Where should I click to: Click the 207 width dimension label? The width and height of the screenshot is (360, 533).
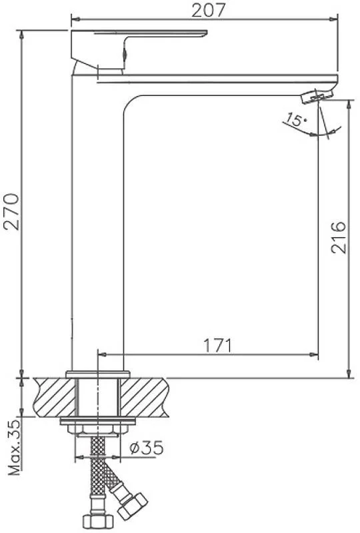point(209,9)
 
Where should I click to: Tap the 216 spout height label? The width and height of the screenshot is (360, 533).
point(339,237)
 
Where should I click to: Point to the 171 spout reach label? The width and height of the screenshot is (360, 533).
point(217,345)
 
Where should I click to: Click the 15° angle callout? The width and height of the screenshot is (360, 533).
point(295,120)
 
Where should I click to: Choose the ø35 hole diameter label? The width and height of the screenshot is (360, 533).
point(147,448)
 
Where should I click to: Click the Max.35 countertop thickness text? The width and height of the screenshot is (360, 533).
point(14,447)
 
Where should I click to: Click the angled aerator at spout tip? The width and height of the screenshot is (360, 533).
point(317,95)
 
